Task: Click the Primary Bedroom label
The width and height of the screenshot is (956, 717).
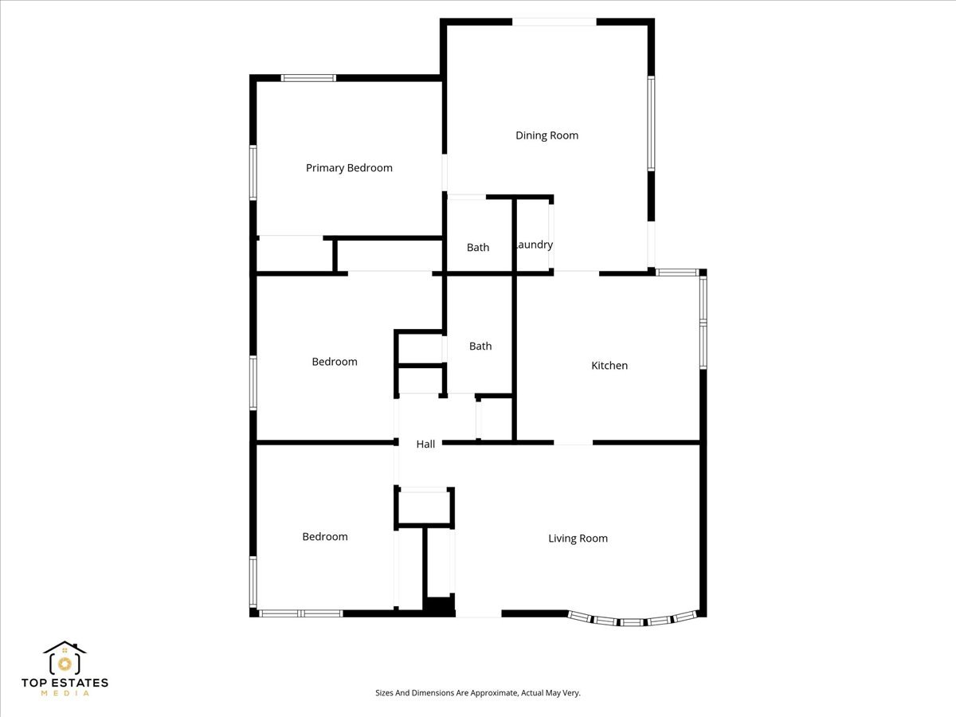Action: point(349,168)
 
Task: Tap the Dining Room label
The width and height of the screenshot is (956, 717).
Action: point(547,135)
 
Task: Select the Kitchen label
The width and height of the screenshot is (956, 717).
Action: point(609,365)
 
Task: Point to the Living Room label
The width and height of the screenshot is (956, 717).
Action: point(578,539)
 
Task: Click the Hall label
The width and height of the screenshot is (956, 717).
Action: point(425,444)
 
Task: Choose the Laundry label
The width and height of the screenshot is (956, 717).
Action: point(535,245)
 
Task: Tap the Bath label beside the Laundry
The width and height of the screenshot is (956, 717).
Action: point(478,247)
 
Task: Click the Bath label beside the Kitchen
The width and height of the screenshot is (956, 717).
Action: point(480,346)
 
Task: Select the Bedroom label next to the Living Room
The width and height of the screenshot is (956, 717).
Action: point(325,536)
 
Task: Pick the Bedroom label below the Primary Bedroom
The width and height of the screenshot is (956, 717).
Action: point(335,362)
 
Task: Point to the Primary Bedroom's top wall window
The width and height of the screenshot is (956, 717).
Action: point(308,78)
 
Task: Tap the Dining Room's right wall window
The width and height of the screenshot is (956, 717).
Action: point(651,123)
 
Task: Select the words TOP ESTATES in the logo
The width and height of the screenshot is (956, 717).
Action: point(65,683)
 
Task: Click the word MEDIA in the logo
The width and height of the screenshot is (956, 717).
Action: point(65,693)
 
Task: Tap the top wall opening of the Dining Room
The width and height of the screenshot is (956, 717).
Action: point(554,22)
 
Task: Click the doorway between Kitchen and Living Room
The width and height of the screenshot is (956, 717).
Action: point(573,443)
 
